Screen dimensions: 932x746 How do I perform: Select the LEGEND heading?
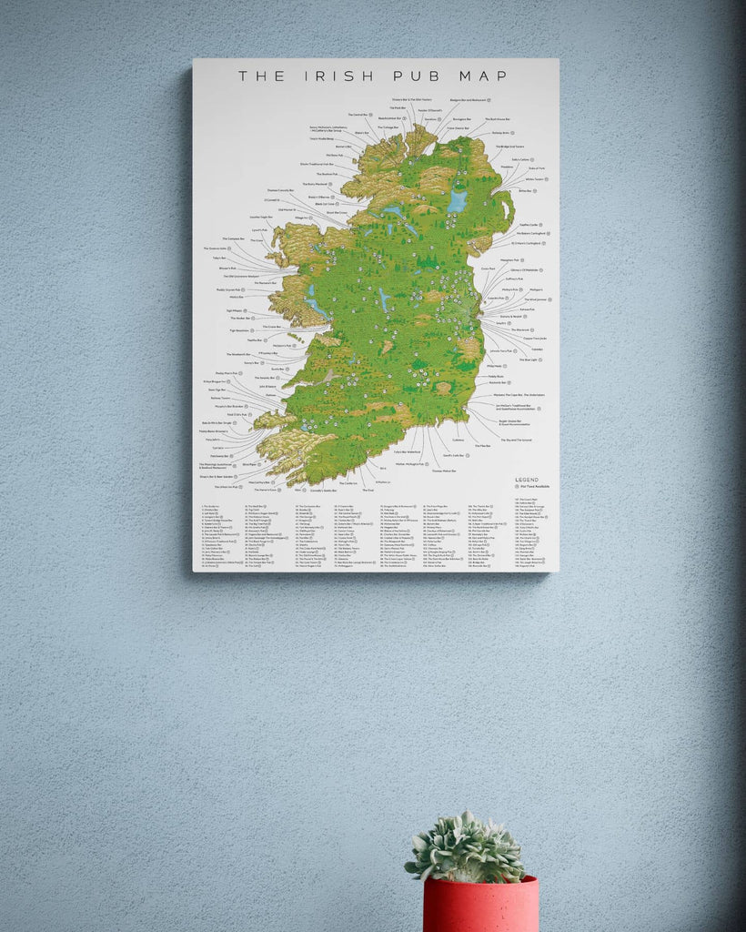click(x=526, y=480)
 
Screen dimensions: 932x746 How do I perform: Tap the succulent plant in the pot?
click(x=467, y=848)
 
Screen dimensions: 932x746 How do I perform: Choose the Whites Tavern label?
click(x=534, y=179)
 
